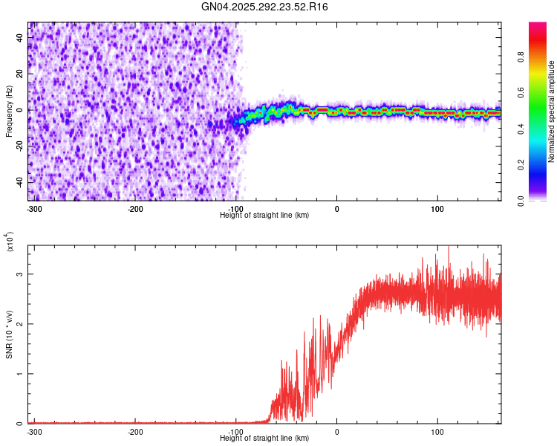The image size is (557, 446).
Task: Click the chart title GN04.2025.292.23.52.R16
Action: point(265,7)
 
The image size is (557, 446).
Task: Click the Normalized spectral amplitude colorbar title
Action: point(552,112)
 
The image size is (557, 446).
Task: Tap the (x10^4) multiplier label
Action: point(10,242)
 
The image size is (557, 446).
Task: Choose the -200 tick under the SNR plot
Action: point(135,431)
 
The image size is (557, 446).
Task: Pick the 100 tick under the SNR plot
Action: point(437,431)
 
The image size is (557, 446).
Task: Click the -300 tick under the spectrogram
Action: point(34,208)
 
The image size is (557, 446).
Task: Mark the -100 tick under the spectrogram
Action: point(236,208)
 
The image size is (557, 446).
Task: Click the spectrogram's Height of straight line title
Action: point(264,215)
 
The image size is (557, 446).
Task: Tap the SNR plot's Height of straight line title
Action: point(264,438)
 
